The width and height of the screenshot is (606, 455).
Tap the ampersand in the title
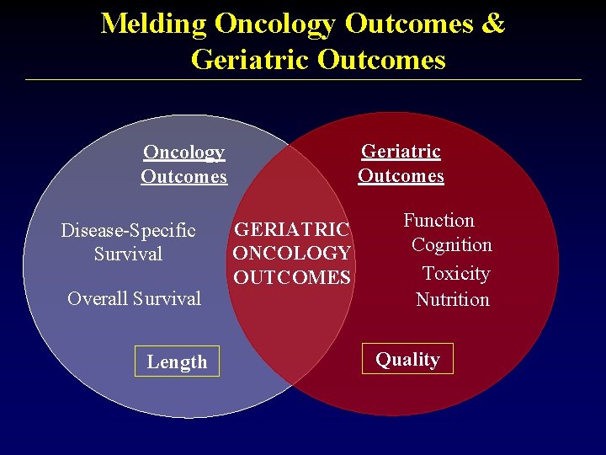coord(493,23)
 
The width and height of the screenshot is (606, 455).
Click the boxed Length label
coord(177,361)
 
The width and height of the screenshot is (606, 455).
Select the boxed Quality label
coord(407,359)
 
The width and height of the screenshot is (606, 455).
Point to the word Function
coord(439,221)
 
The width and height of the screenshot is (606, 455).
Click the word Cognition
coord(452,245)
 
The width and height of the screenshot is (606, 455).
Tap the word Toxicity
coord(456,274)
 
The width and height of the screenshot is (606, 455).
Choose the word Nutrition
coord(453,299)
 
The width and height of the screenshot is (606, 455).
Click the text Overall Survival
coord(135,298)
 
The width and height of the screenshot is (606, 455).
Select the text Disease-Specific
coord(128,231)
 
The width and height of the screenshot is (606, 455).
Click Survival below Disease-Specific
coord(128,254)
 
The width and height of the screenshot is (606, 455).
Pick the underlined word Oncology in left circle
coord(184,153)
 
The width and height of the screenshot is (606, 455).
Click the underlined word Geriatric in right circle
coord(401,152)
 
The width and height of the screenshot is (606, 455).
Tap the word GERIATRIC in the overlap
coord(292,229)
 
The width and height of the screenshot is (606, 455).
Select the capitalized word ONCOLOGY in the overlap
coord(291,253)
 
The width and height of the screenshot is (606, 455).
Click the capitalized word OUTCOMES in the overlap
coord(292,277)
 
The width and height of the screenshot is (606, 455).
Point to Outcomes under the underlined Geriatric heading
coord(401,176)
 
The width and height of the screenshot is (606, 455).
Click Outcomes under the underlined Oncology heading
coord(184,177)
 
